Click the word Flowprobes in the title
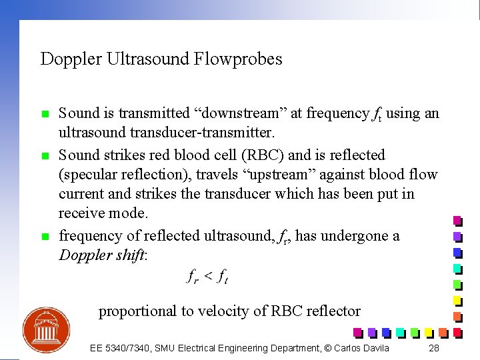pos(238,59)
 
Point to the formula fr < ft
pos(207,277)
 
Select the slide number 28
pos(434,348)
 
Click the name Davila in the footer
pos(375,348)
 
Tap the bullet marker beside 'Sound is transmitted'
pos(45,115)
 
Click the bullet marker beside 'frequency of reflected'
pos(45,237)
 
